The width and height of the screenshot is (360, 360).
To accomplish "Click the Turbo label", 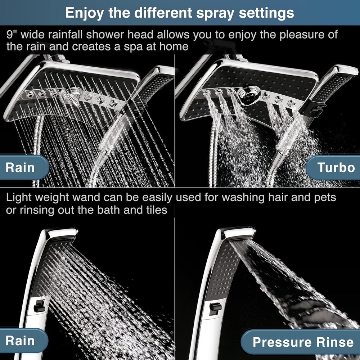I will [x=336, y=167].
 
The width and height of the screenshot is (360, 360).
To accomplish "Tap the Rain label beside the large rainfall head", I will [x=20, y=167].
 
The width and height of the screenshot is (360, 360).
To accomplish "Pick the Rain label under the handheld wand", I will [x=20, y=341].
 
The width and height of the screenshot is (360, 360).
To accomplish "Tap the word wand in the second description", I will [x=102, y=198].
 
